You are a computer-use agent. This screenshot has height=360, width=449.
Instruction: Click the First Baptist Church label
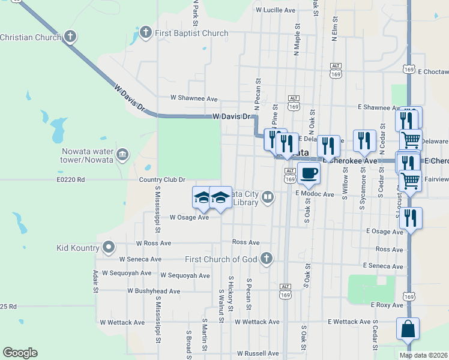point(191,34)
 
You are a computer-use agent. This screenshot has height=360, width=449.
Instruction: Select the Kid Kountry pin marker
point(109,247)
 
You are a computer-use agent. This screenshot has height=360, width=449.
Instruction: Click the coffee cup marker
point(309,174)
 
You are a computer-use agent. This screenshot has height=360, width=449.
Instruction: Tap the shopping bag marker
point(408,329)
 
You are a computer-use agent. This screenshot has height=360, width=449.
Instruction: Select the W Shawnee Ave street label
point(194,98)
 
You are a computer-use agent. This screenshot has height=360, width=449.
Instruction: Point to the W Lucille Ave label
point(276,10)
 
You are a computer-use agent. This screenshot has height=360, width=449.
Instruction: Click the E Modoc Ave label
point(314,194)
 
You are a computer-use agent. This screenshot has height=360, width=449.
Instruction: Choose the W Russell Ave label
point(258,353)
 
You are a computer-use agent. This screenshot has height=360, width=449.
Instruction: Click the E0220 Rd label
point(71,179)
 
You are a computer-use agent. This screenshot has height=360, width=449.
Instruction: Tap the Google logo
point(20,353)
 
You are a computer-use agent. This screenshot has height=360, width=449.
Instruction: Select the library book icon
point(267,196)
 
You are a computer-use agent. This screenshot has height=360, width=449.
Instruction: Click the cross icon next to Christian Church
point(70,37)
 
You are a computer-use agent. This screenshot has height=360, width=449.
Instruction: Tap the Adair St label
point(95,280)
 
